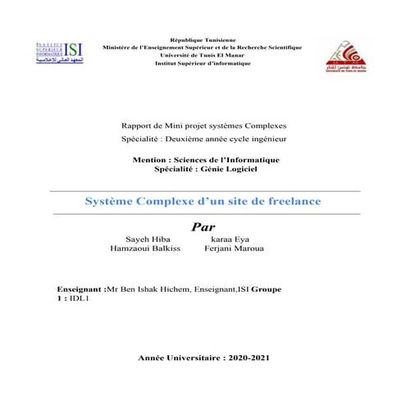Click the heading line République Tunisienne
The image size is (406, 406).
pos(202,40)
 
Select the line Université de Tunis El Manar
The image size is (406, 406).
pos(202,55)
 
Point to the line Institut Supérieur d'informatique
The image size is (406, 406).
pos(202,63)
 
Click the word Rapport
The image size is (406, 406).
pos(135,125)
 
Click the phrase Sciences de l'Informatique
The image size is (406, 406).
pos(230,158)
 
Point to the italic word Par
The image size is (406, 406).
pos(203,226)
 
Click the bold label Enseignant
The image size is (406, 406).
pos(80,290)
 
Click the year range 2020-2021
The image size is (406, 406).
pos(238,358)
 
